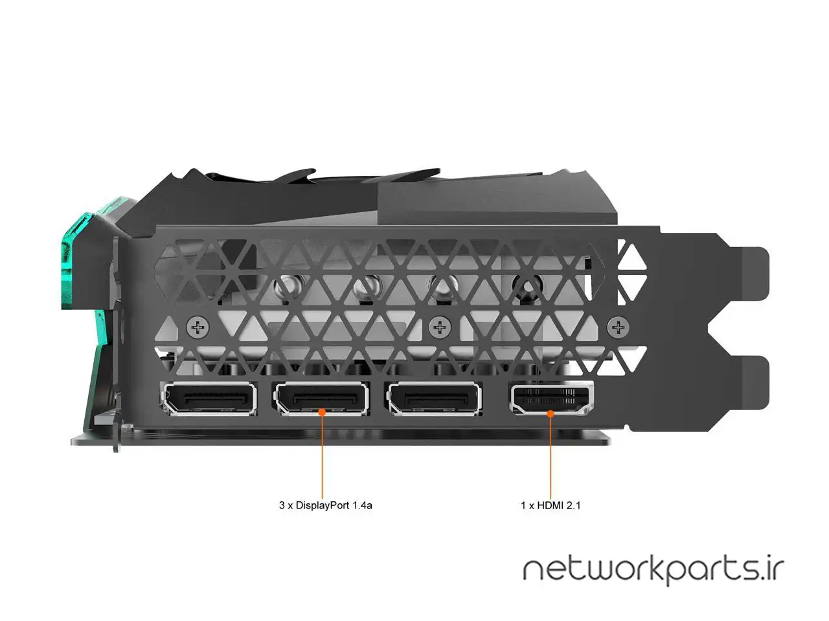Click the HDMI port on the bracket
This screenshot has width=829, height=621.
coord(551,399)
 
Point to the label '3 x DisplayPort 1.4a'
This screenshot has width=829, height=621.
coord(325,505)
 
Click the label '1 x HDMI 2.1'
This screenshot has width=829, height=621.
coord(551,505)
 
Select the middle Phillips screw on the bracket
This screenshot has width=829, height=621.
coord(440,328)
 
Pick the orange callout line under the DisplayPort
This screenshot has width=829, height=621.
coord(323,453)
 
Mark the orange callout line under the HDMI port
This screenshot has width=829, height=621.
coord(551,453)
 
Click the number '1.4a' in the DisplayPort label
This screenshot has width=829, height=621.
coord(362,505)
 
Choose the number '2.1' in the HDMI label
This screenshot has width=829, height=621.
coord(573,505)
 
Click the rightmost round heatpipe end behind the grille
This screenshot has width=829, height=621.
coord(526,285)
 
